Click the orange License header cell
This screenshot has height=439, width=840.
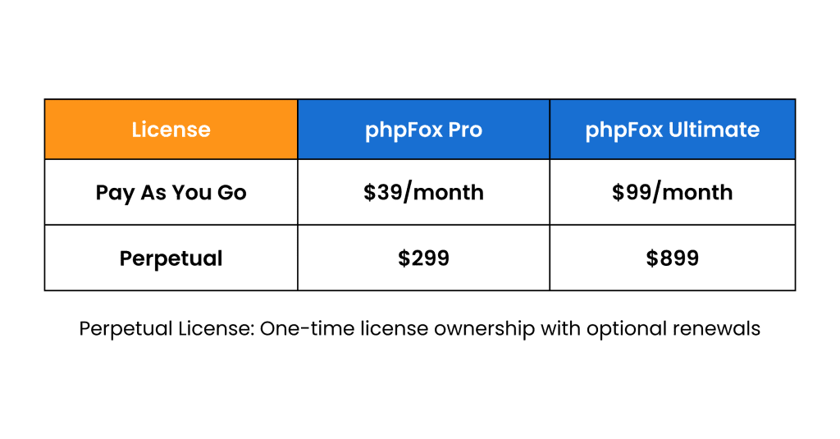[171, 130]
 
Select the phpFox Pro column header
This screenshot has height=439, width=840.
[423, 130]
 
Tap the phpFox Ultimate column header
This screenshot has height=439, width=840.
[672, 130]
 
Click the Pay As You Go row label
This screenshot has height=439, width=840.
[171, 193]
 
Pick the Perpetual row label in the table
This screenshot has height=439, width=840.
[171, 258]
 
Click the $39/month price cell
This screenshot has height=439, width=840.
[423, 193]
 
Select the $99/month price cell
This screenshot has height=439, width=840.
[672, 193]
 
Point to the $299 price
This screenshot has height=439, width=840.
[423, 258]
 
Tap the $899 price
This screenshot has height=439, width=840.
[672, 258]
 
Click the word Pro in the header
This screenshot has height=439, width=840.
[463, 130]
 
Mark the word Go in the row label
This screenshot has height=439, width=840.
[233, 193]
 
